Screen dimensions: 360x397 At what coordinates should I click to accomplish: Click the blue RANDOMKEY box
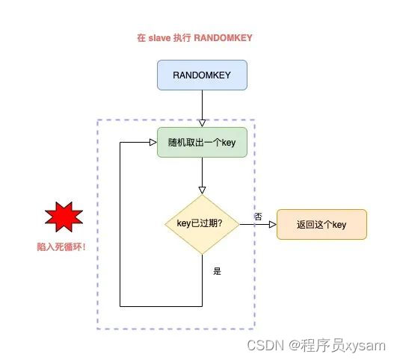pyautogui.click(x=202, y=75)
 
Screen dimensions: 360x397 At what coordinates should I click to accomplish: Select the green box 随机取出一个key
pyautogui.click(x=202, y=143)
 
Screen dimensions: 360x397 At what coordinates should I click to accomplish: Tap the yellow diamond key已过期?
pyautogui.click(x=202, y=223)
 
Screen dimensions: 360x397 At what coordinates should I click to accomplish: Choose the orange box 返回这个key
pyautogui.click(x=321, y=224)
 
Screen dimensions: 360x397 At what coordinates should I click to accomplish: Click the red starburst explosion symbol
pyautogui.click(x=64, y=219)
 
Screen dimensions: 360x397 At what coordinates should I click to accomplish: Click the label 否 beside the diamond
pyautogui.click(x=258, y=216)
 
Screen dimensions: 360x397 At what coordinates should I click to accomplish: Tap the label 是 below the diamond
pyautogui.click(x=218, y=271)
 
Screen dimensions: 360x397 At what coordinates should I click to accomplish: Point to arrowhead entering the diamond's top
pyautogui.click(x=202, y=191)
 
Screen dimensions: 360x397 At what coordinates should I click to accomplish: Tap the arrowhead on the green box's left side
pyautogui.click(x=153, y=143)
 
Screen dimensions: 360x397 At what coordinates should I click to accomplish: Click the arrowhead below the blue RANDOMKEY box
pyautogui.click(x=202, y=123)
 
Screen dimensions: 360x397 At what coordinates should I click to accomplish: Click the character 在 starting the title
pyautogui.click(x=141, y=38)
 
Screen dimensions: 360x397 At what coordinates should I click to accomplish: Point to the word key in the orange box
pyautogui.click(x=338, y=224)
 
